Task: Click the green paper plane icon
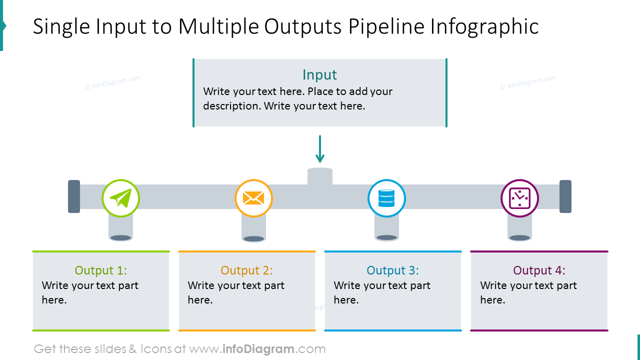coord(120,198)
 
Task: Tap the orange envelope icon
coord(253,198)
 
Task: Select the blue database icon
coord(386,198)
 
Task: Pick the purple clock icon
coord(519,198)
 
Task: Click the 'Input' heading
coord(320,75)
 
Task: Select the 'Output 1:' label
coord(101,270)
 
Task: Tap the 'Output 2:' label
coord(247,270)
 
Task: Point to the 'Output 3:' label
coord(393,270)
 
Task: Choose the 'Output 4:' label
coord(539,270)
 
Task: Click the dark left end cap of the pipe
coord(74,196)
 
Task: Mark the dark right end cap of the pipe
coord(565,196)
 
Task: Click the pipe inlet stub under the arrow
coord(320,176)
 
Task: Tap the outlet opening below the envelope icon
coord(253,238)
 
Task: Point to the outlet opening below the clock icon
coord(519,238)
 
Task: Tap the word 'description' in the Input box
coord(231,106)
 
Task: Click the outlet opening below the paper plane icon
coord(120,238)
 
